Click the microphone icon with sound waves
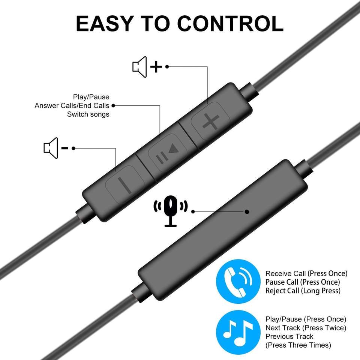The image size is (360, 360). (171, 210)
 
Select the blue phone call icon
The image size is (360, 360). (237, 281)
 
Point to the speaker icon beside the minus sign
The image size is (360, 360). (51, 147)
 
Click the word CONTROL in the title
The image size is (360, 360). (230, 24)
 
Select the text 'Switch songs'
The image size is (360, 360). (88, 114)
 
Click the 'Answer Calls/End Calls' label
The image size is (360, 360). (72, 106)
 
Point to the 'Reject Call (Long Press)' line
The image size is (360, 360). (303, 291)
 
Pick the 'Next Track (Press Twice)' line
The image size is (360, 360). (305, 328)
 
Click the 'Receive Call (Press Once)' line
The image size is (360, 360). (306, 273)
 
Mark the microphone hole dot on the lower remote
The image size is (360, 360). (247, 211)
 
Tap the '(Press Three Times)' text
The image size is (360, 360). (298, 345)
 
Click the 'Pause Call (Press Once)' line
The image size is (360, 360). (303, 282)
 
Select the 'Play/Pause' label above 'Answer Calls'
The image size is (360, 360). (91, 97)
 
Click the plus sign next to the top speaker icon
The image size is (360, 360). (156, 67)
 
